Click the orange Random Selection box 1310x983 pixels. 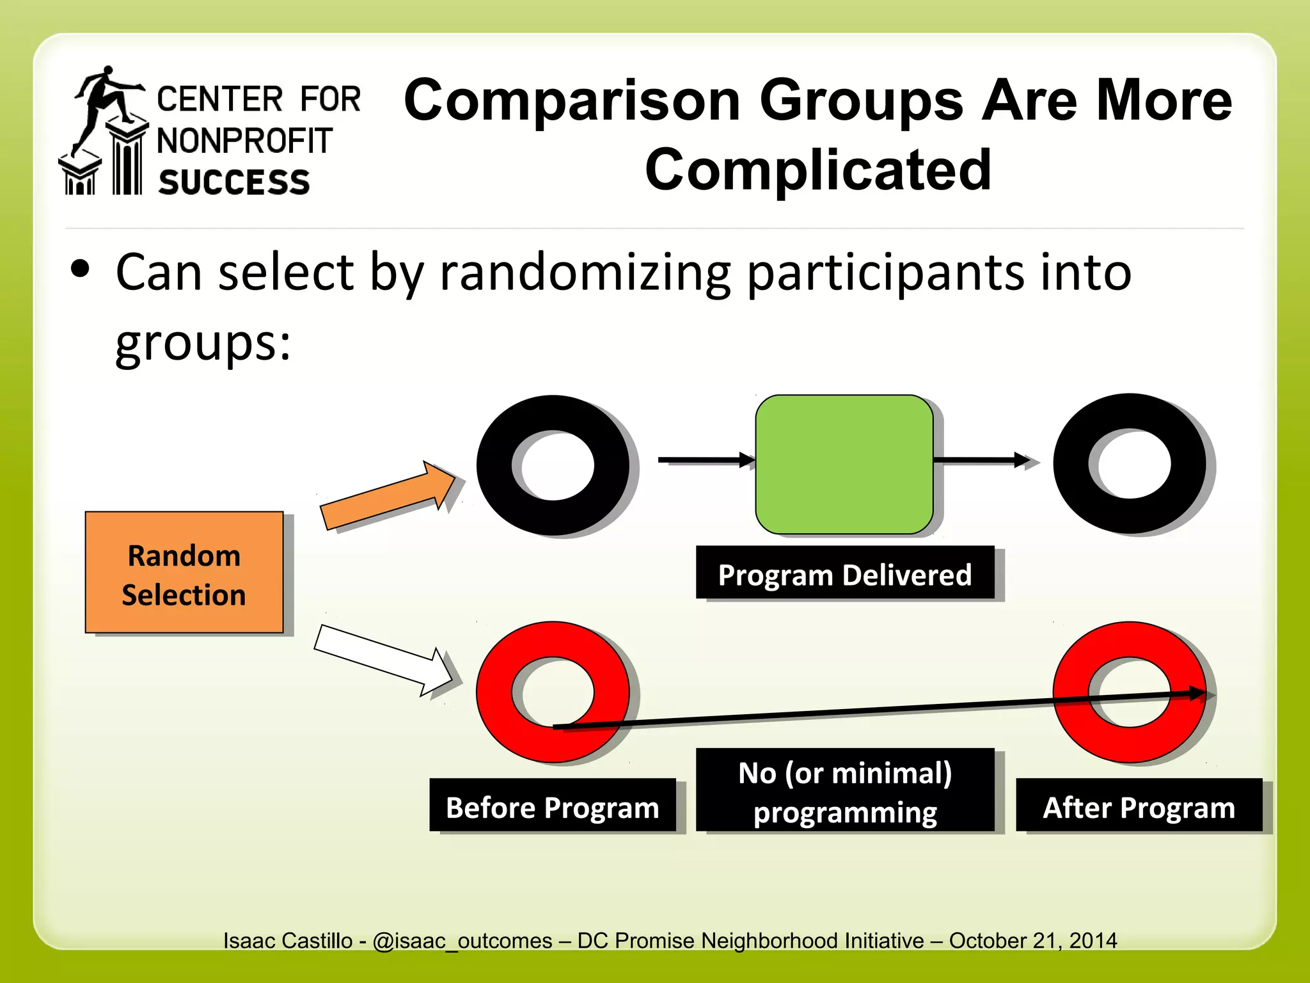184,572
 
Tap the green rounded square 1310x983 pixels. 844,465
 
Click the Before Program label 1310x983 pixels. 552,806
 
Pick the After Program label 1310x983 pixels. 1139,806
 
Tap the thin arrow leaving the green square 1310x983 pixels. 982,460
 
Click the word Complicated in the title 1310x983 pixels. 817,170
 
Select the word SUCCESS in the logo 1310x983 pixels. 234,182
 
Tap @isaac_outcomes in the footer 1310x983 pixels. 462,941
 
